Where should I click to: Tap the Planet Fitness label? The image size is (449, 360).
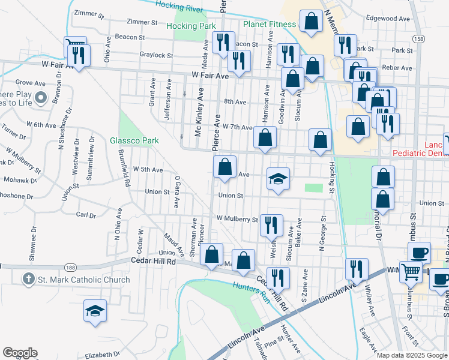coord(270,24)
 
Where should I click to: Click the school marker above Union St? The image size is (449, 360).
coord(277,179)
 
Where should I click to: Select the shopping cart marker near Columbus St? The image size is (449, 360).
coord(411,272)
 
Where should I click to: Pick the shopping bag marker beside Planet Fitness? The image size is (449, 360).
coord(312,22)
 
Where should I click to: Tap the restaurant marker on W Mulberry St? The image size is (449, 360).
coord(271,224)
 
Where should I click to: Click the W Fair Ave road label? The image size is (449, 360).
coord(211,76)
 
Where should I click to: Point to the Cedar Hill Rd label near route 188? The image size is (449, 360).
coord(153,262)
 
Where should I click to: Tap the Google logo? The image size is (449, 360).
coord(20,353)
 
